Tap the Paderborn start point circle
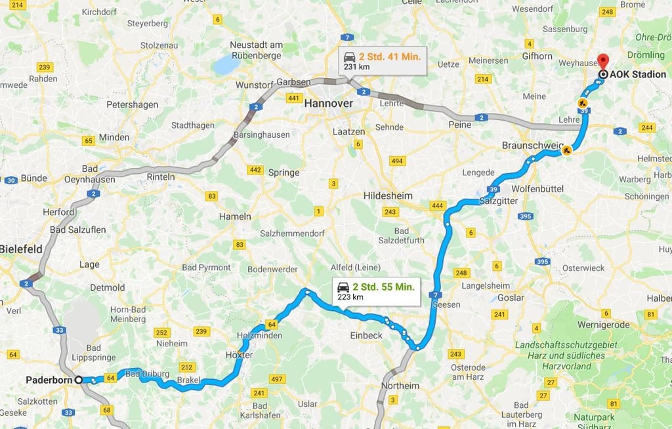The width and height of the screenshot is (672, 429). coord(79,380)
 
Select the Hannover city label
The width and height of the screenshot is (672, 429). coord(329,104)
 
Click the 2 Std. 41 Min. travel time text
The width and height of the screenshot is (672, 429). coord(389,56)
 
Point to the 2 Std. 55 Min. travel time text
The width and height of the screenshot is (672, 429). coord(383,287)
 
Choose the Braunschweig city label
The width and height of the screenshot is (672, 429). coord(533,145)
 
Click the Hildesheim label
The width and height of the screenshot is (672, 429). coord(388,196)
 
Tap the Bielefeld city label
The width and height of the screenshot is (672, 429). coord(21,249)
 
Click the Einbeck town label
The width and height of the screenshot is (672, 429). coord(366,335)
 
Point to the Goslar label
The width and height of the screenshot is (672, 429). coord(511,297)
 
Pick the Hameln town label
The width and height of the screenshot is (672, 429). coord(235,216)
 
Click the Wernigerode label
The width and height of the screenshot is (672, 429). coord(604,325)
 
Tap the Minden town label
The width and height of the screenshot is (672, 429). coord(114,138)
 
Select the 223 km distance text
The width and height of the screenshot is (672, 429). coord(350,297)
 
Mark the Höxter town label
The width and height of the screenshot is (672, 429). coord(239,355)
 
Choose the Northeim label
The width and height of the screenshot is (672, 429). coord(400,386)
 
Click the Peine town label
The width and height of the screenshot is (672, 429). coord(460,125)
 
